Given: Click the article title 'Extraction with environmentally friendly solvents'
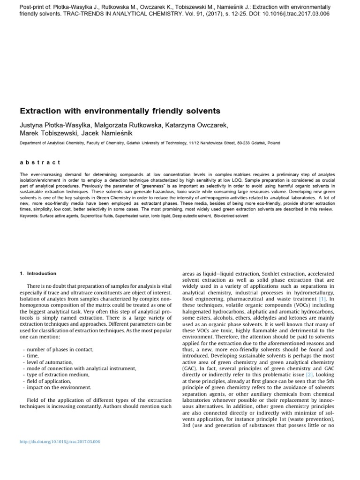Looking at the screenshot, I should pyautogui.click(x=120, y=111).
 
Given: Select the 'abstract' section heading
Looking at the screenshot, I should pyautogui.click(x=40, y=162).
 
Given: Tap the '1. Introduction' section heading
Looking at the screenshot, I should pyautogui.click(x=38, y=273).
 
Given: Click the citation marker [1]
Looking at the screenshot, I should pyautogui.click(x=322, y=299).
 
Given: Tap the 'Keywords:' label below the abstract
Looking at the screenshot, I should pyautogui.click(x=29, y=216).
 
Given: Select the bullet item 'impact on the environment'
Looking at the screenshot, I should pyautogui.click(x=59, y=388).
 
